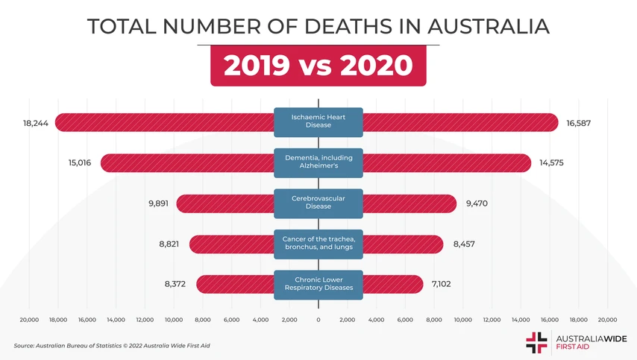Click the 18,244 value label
(36, 123)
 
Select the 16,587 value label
(578, 123)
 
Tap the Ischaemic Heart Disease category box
(318, 122)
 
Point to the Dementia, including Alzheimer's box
(318, 162)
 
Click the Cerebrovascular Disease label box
(318, 203)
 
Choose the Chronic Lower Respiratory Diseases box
(318, 284)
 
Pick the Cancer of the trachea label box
(318, 243)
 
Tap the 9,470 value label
(476, 203)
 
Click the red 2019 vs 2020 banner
(318, 66)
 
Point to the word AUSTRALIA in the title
(489, 26)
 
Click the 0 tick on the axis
(318, 319)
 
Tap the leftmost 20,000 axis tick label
(29, 319)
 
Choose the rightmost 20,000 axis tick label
(607, 319)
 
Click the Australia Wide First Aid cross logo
(536, 341)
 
